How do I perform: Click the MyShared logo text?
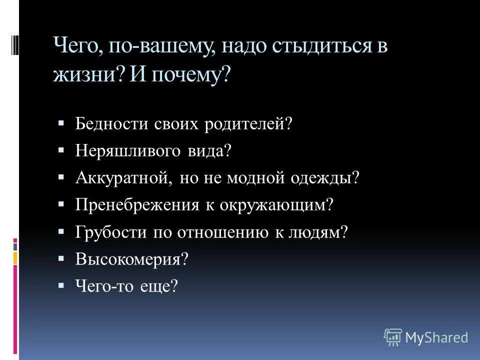(437, 337)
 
